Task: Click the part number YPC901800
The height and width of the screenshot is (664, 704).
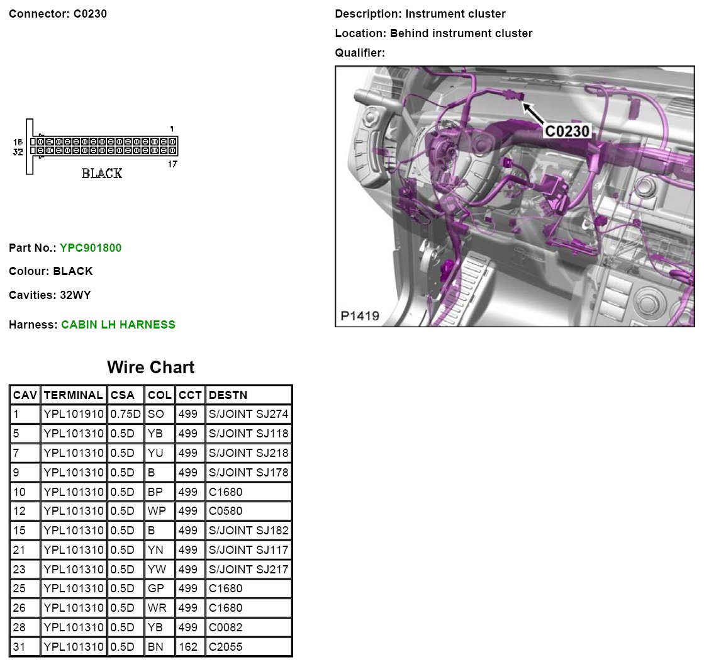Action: coord(91,248)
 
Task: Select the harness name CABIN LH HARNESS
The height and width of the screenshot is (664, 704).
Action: coord(118,325)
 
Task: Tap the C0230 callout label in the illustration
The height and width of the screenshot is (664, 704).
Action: coord(567,131)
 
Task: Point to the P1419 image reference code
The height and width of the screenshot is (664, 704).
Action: coord(360,316)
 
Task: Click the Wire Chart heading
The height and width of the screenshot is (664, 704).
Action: coord(150,367)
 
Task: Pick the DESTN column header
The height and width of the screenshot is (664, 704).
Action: coord(228,395)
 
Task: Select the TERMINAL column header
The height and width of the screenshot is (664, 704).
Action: coord(73,395)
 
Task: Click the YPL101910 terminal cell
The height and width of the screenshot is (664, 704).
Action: coord(74,414)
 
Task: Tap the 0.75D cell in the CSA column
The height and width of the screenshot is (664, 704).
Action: coord(126,414)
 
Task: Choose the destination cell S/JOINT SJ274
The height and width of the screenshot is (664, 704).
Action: coord(249,414)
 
